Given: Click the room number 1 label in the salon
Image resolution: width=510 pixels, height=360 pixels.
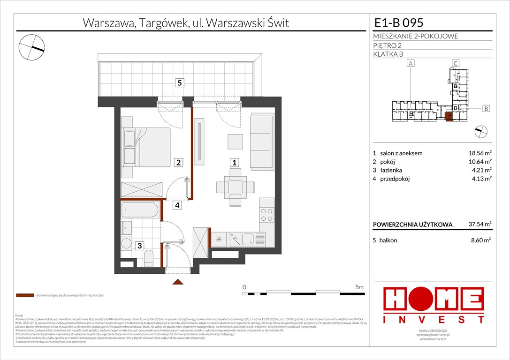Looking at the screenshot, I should click(234, 162).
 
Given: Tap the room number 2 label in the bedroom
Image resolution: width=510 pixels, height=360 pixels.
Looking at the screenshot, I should click(178, 162).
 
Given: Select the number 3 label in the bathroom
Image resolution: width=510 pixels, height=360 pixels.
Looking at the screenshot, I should click(139, 245).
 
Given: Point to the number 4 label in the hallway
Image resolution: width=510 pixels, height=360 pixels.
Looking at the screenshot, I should click(177, 205).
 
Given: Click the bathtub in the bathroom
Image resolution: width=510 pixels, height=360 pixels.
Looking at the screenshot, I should click(140, 210).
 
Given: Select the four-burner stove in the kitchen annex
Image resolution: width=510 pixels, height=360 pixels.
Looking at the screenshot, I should click(266, 215).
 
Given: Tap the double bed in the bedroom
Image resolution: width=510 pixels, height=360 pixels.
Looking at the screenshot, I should click(146, 147).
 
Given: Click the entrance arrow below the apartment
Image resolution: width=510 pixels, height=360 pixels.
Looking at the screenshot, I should click(178, 282).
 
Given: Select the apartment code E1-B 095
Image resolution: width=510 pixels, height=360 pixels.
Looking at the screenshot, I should click(399, 22).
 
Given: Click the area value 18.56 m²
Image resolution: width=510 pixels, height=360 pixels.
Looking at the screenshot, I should click(480, 153).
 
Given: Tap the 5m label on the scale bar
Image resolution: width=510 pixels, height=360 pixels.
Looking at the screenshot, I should click(359, 286).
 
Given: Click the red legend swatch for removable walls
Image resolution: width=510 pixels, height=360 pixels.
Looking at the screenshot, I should click(25, 296).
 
